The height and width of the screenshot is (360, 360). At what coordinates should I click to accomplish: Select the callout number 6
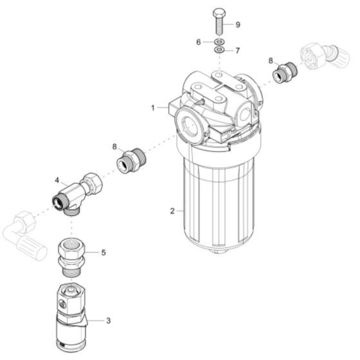coord(200,41)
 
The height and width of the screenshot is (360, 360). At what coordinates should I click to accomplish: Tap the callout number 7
coord(237,50)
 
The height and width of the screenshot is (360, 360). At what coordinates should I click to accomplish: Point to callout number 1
coord(153,108)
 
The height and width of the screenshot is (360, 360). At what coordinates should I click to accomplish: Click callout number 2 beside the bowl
coord(172,211)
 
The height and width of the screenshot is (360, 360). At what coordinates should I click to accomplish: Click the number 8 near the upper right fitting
coord(271,60)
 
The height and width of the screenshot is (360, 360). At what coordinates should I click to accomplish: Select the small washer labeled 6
coord(219,41)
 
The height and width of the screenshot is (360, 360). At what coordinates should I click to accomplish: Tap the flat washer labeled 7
coord(219,50)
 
